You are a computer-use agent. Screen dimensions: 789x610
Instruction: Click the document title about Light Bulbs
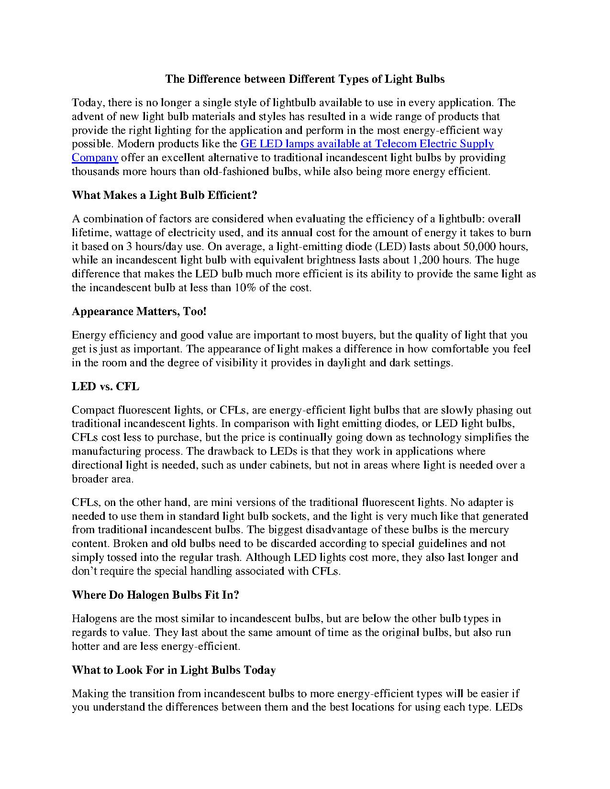click(305, 79)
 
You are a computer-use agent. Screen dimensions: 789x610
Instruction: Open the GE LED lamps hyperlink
click(366, 144)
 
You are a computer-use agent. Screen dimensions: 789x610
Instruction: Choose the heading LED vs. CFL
click(105, 386)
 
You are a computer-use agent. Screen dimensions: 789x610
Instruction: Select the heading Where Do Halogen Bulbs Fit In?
click(155, 595)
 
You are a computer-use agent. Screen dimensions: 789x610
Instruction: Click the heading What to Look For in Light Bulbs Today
click(174, 670)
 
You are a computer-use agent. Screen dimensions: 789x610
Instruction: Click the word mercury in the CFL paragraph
click(488, 530)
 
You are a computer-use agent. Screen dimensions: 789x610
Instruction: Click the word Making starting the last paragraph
click(89, 694)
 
